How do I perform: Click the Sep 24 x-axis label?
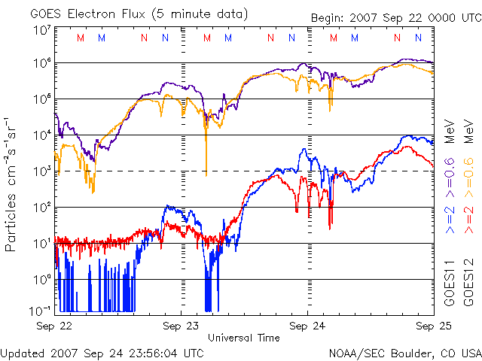[307, 326]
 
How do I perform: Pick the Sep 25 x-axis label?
[430, 326]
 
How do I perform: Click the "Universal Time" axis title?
[244, 338]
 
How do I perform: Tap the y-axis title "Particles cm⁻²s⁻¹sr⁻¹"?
[11, 184]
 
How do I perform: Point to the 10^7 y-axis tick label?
[41, 30]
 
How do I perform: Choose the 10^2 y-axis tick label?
[41, 207]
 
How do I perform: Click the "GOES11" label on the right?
[449, 286]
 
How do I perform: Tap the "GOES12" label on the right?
[468, 286]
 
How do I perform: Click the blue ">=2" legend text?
[449, 218]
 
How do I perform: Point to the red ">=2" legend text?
[468, 218]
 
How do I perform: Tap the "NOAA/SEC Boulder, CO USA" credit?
[404, 353]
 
